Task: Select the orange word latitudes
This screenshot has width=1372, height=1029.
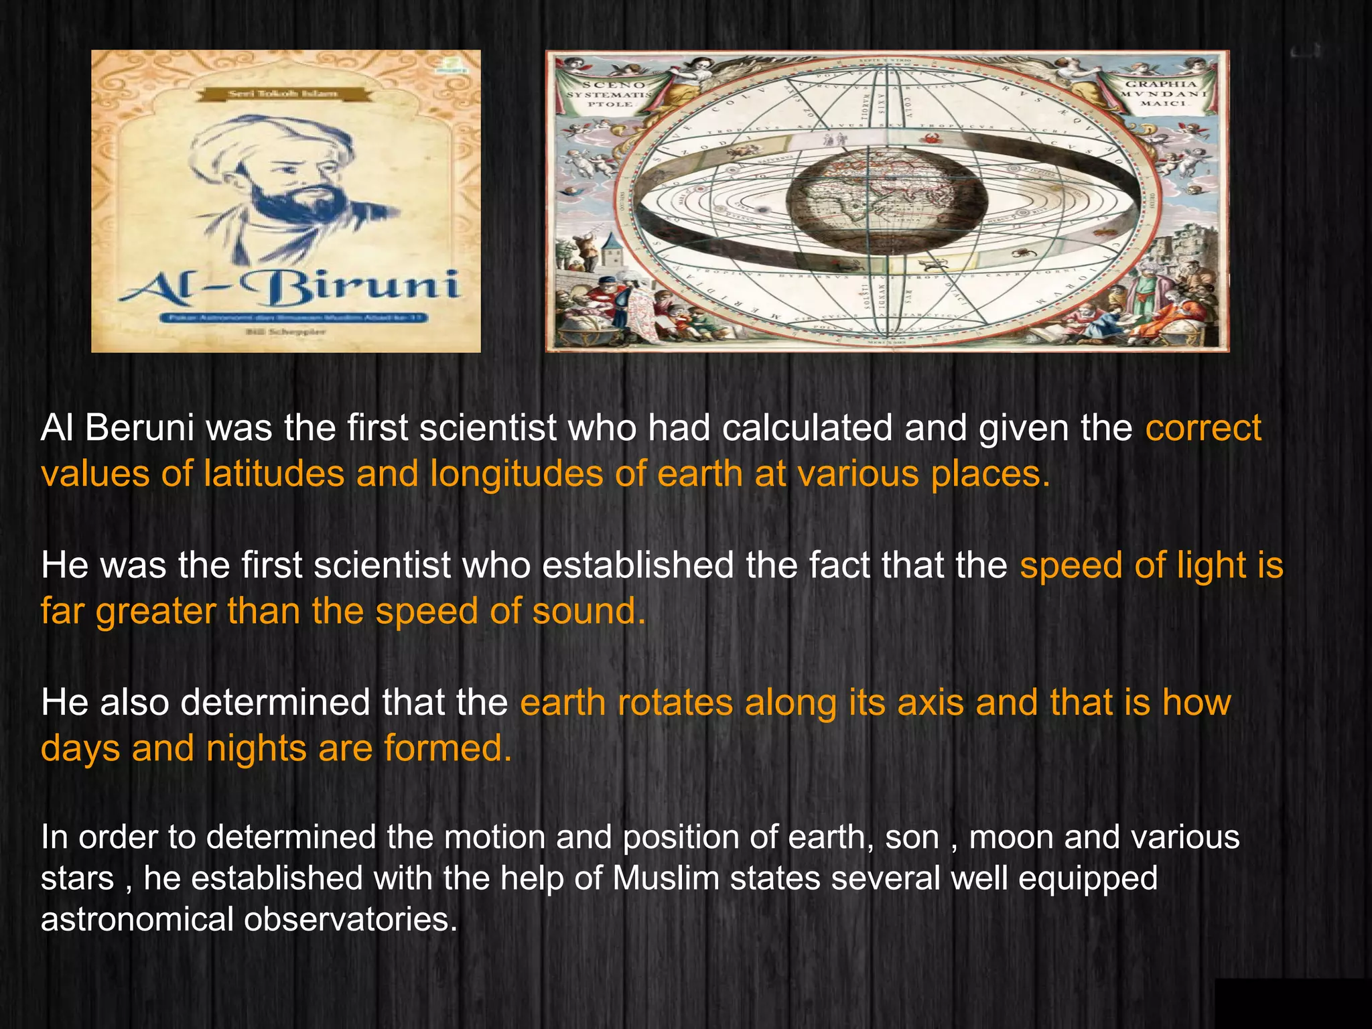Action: coord(274,474)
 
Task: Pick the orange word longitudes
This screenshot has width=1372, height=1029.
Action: coord(516,474)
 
